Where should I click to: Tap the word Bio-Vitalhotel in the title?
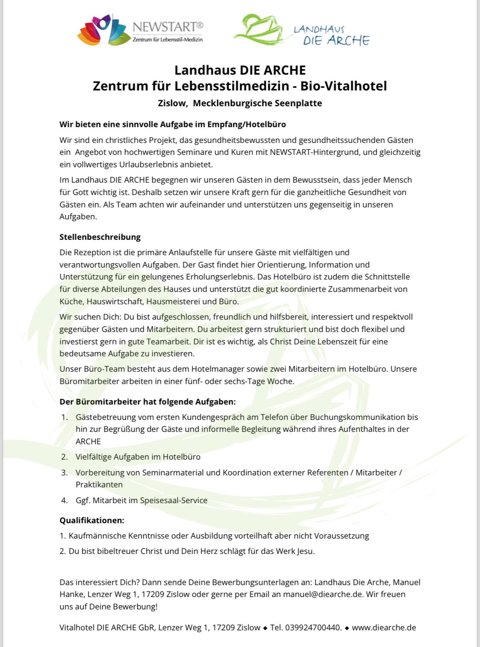click(343, 86)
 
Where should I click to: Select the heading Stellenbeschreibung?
click(100, 237)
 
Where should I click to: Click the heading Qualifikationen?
click(92, 520)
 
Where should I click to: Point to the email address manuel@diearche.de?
click(323, 594)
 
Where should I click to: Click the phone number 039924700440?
click(313, 627)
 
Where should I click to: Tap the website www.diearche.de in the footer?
click(384, 627)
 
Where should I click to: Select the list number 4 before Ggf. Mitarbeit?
click(64, 500)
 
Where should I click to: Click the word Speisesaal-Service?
click(174, 500)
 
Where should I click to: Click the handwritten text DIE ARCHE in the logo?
click(336, 41)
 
